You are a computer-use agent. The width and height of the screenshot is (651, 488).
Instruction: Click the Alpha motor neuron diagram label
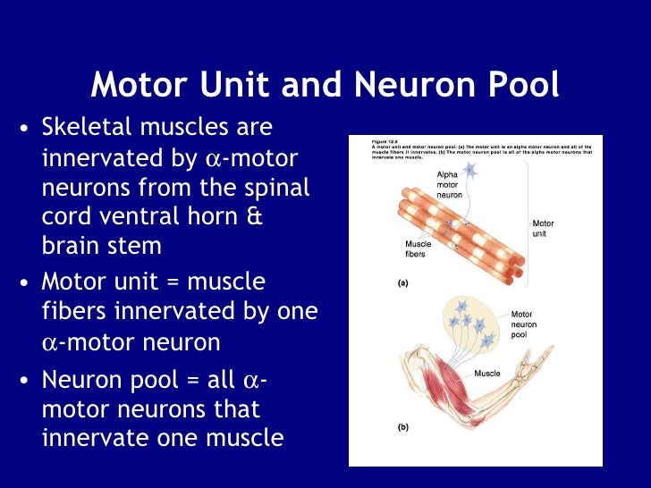point(448,183)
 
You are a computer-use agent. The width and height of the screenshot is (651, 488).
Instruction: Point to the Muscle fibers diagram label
point(418,248)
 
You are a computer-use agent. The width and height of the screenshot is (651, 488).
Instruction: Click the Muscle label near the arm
point(487,374)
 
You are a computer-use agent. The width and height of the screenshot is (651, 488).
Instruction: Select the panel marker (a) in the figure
point(402,282)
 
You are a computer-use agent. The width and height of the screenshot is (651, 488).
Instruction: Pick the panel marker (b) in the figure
point(402,427)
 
